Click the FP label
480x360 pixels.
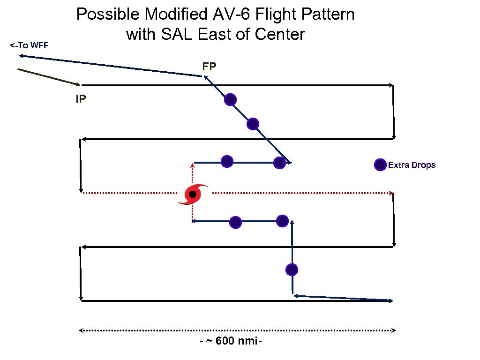[x=209, y=67]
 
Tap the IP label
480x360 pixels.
[x=80, y=99]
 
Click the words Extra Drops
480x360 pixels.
[x=412, y=165]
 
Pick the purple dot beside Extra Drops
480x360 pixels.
[x=380, y=165]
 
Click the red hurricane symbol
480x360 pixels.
[x=193, y=194]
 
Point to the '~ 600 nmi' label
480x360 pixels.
[x=231, y=341]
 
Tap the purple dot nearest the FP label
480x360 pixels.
[x=230, y=99]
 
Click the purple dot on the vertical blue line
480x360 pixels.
[x=292, y=270]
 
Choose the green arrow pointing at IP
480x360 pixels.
[x=49, y=77]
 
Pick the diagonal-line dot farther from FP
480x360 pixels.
[x=253, y=124]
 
